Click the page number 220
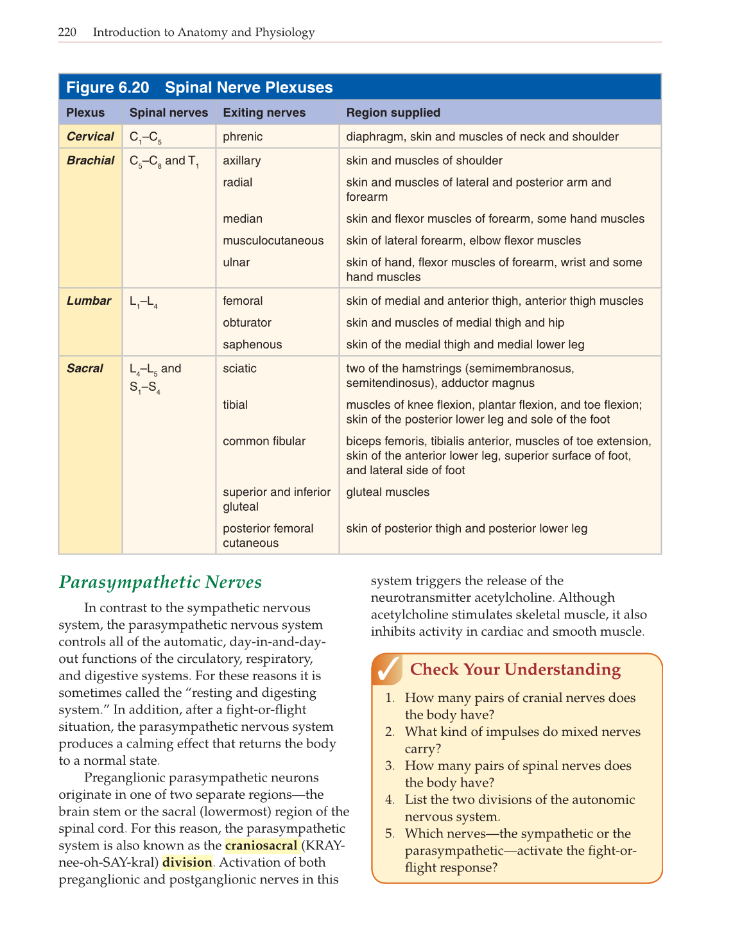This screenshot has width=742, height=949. [x=67, y=32]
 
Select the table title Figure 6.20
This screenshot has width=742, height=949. [x=107, y=88]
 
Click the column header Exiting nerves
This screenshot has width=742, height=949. [x=264, y=113]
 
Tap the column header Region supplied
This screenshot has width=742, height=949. [x=393, y=113]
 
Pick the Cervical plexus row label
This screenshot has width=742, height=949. [x=90, y=137]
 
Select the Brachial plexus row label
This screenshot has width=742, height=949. [x=90, y=160]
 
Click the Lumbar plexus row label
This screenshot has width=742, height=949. [x=89, y=301]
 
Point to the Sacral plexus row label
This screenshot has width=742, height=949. [x=85, y=368]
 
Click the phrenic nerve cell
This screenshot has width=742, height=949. [x=243, y=137]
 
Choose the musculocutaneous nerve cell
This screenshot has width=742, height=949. [x=273, y=241]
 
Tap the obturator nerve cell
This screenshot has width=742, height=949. [x=246, y=323]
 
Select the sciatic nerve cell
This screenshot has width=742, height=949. [x=239, y=368]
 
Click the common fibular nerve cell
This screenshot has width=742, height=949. [x=264, y=441]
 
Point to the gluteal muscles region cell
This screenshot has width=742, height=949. [x=388, y=492]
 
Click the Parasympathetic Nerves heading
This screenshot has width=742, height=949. [x=160, y=582]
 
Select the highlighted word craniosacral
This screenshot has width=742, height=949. [x=261, y=845]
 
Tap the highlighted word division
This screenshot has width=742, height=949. [x=187, y=862]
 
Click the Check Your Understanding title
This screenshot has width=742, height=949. [x=515, y=670]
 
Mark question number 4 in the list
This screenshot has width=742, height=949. [x=390, y=800]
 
